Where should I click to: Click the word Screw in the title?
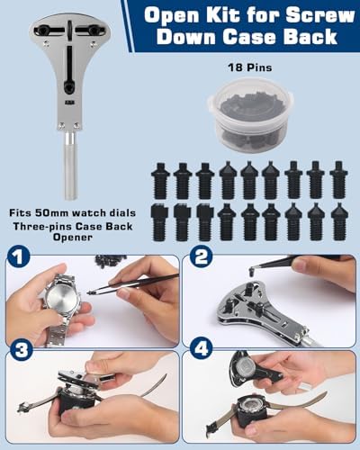(319, 15)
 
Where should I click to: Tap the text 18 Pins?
(250, 67)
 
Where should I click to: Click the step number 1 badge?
(19, 257)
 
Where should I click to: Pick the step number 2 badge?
(202, 257)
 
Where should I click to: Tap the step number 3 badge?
(21, 350)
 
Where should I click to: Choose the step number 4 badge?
(202, 348)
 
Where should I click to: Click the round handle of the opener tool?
(70, 166)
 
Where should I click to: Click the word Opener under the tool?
(72, 238)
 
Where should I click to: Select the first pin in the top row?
(160, 181)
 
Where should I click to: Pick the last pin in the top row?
(338, 180)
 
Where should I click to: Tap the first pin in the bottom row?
(160, 222)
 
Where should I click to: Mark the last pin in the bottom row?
(339, 222)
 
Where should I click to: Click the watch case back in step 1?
(61, 299)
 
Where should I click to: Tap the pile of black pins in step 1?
(111, 260)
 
